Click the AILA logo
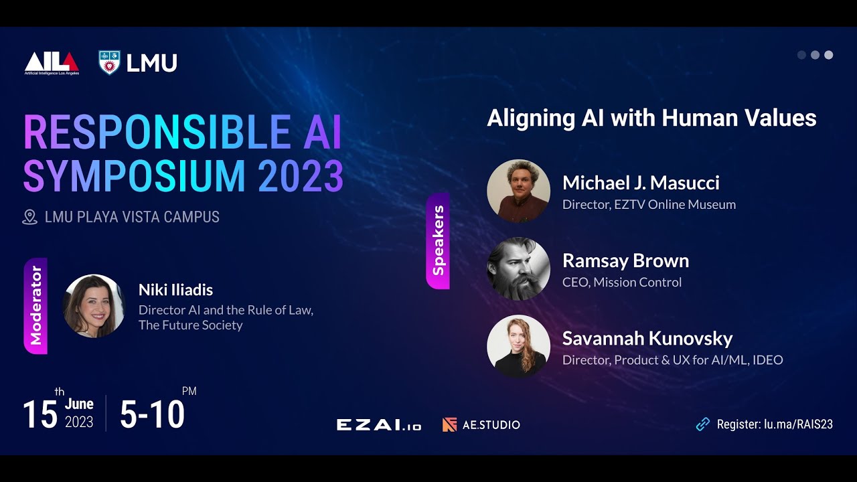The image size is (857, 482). coord(52,63)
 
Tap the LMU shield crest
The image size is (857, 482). coord(109,62)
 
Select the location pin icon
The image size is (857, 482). coord(29,217)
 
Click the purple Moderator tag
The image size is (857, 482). coord(35,305)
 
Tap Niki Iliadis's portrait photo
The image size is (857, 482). coord(94,305)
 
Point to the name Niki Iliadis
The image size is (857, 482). coord(175,290)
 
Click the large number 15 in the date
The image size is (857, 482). coord(40,414)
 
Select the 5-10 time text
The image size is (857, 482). coord(152,414)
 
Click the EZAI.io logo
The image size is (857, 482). coord(378,424)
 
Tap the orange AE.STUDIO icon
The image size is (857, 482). coord(449,424)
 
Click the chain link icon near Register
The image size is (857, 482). coord(702,424)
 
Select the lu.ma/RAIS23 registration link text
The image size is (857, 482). coord(798,424)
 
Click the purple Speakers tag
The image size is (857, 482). coord(438,241)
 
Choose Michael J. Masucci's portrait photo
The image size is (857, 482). coord(518,191)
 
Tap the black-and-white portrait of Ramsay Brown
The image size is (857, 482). coord(518,268)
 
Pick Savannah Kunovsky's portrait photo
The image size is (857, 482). coord(518,346)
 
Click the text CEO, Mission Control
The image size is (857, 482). coord(622,283)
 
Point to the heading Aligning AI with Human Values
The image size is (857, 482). coord(651,118)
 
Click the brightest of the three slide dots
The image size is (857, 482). coord(828,55)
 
